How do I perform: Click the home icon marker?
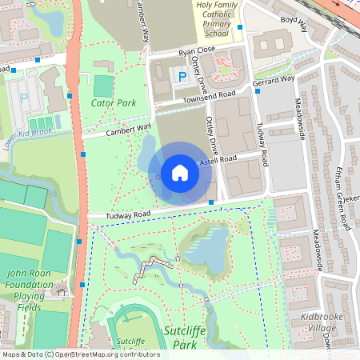179,173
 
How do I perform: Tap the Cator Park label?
113,103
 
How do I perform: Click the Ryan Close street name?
197,51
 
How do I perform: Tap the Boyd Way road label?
293,22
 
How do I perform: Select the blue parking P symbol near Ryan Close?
183,77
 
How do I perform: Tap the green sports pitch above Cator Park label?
103,84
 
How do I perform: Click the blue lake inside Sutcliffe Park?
207,253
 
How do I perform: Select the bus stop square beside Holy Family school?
240,27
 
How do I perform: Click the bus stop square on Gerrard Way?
258,90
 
